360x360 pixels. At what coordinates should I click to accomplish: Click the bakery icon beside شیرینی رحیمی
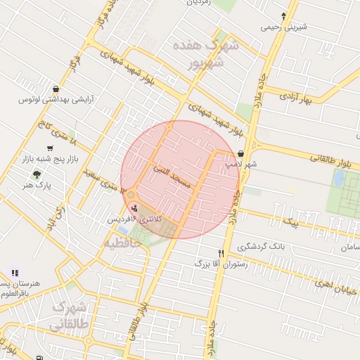284,16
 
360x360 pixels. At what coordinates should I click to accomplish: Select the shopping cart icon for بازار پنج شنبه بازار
49,148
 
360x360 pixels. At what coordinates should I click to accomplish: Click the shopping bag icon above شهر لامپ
241,153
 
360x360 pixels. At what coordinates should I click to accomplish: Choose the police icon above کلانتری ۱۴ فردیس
134,208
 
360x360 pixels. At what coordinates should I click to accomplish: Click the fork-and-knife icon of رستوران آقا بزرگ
221,253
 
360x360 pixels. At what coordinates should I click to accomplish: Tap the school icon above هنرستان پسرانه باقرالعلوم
15,273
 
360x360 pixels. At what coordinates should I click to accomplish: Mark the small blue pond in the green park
338,179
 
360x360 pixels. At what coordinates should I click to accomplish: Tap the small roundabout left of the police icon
131,195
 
